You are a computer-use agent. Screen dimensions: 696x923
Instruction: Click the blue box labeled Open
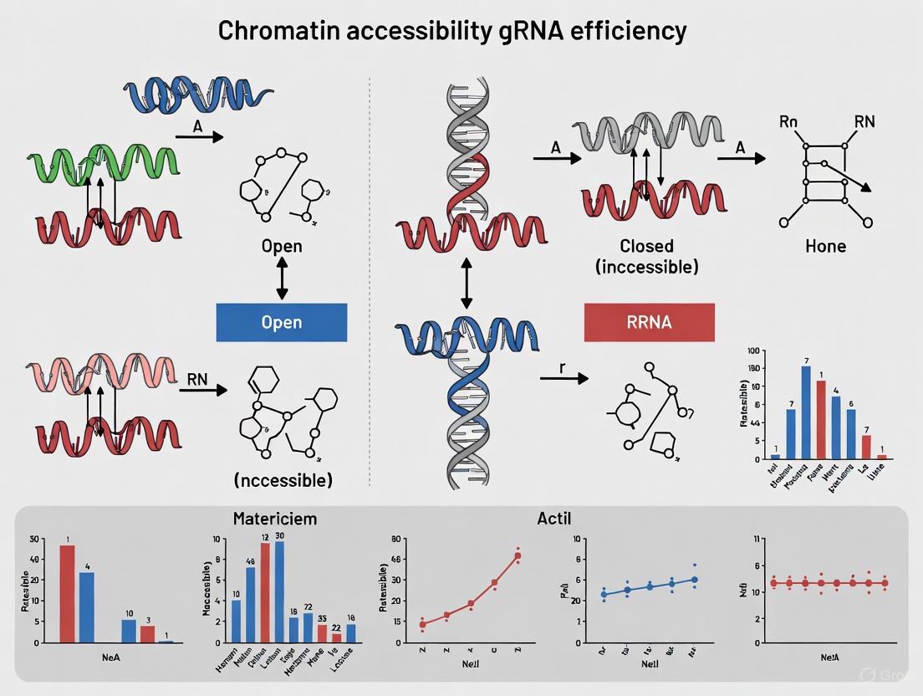coord(281,322)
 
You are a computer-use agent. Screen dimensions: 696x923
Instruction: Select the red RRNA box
coord(649,322)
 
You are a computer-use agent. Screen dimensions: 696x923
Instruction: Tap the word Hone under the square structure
coord(825,246)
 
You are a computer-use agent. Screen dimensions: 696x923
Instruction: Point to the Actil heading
coord(553,519)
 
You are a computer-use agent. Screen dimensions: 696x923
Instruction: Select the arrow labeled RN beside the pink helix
coord(202,389)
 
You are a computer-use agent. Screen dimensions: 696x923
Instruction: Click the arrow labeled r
coord(564,378)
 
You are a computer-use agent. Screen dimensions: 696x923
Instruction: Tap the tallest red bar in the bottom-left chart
coord(68,593)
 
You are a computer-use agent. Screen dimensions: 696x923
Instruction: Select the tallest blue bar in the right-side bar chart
coord(806,412)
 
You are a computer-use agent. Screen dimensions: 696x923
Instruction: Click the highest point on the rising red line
coord(518,555)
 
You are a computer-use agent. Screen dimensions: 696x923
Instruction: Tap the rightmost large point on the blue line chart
coord(694,579)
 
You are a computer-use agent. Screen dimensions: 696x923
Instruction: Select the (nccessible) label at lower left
coord(283,480)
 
